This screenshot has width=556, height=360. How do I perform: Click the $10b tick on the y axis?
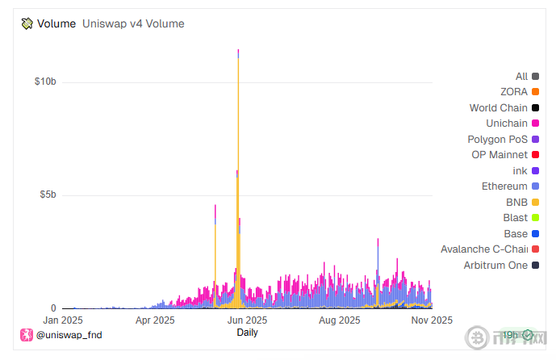(x=44, y=82)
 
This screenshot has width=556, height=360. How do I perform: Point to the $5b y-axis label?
(x=47, y=195)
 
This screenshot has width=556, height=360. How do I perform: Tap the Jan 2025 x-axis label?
(x=61, y=320)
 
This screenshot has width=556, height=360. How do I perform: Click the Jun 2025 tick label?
(x=247, y=320)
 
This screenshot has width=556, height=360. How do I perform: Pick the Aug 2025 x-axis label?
(x=339, y=320)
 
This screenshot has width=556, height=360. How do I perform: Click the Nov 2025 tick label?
(x=430, y=320)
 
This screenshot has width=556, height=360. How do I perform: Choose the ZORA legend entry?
(x=514, y=92)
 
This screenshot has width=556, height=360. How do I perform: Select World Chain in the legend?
(x=499, y=108)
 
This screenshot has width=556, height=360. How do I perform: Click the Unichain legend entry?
(x=507, y=123)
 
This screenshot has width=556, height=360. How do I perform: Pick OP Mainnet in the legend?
(x=499, y=155)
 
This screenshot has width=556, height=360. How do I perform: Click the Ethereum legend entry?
(x=504, y=186)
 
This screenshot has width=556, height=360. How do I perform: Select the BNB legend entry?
(x=516, y=202)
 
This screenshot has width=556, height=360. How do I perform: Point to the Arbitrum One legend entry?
(x=495, y=265)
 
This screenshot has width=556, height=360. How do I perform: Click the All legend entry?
(x=521, y=77)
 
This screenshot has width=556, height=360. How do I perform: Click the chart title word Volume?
(x=56, y=23)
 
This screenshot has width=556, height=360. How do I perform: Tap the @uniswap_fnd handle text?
(x=69, y=334)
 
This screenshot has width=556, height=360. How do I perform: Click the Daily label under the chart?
(x=247, y=332)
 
